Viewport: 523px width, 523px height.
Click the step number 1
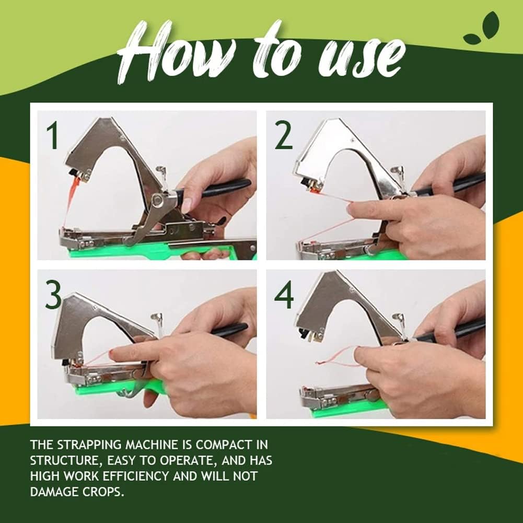(52, 136)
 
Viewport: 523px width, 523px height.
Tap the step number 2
(284, 136)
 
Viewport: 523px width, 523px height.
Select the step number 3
(53, 295)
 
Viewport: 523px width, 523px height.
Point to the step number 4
(284, 295)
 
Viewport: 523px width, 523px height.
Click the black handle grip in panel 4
(450, 330)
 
